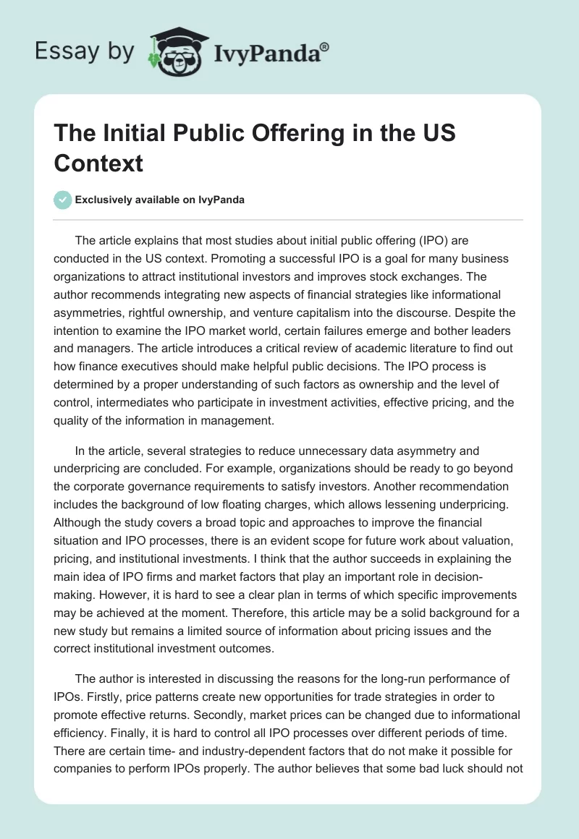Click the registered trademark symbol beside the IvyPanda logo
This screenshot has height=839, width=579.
tap(325, 46)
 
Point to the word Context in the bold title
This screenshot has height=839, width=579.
tap(98, 163)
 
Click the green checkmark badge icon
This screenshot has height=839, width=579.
tap(63, 200)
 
